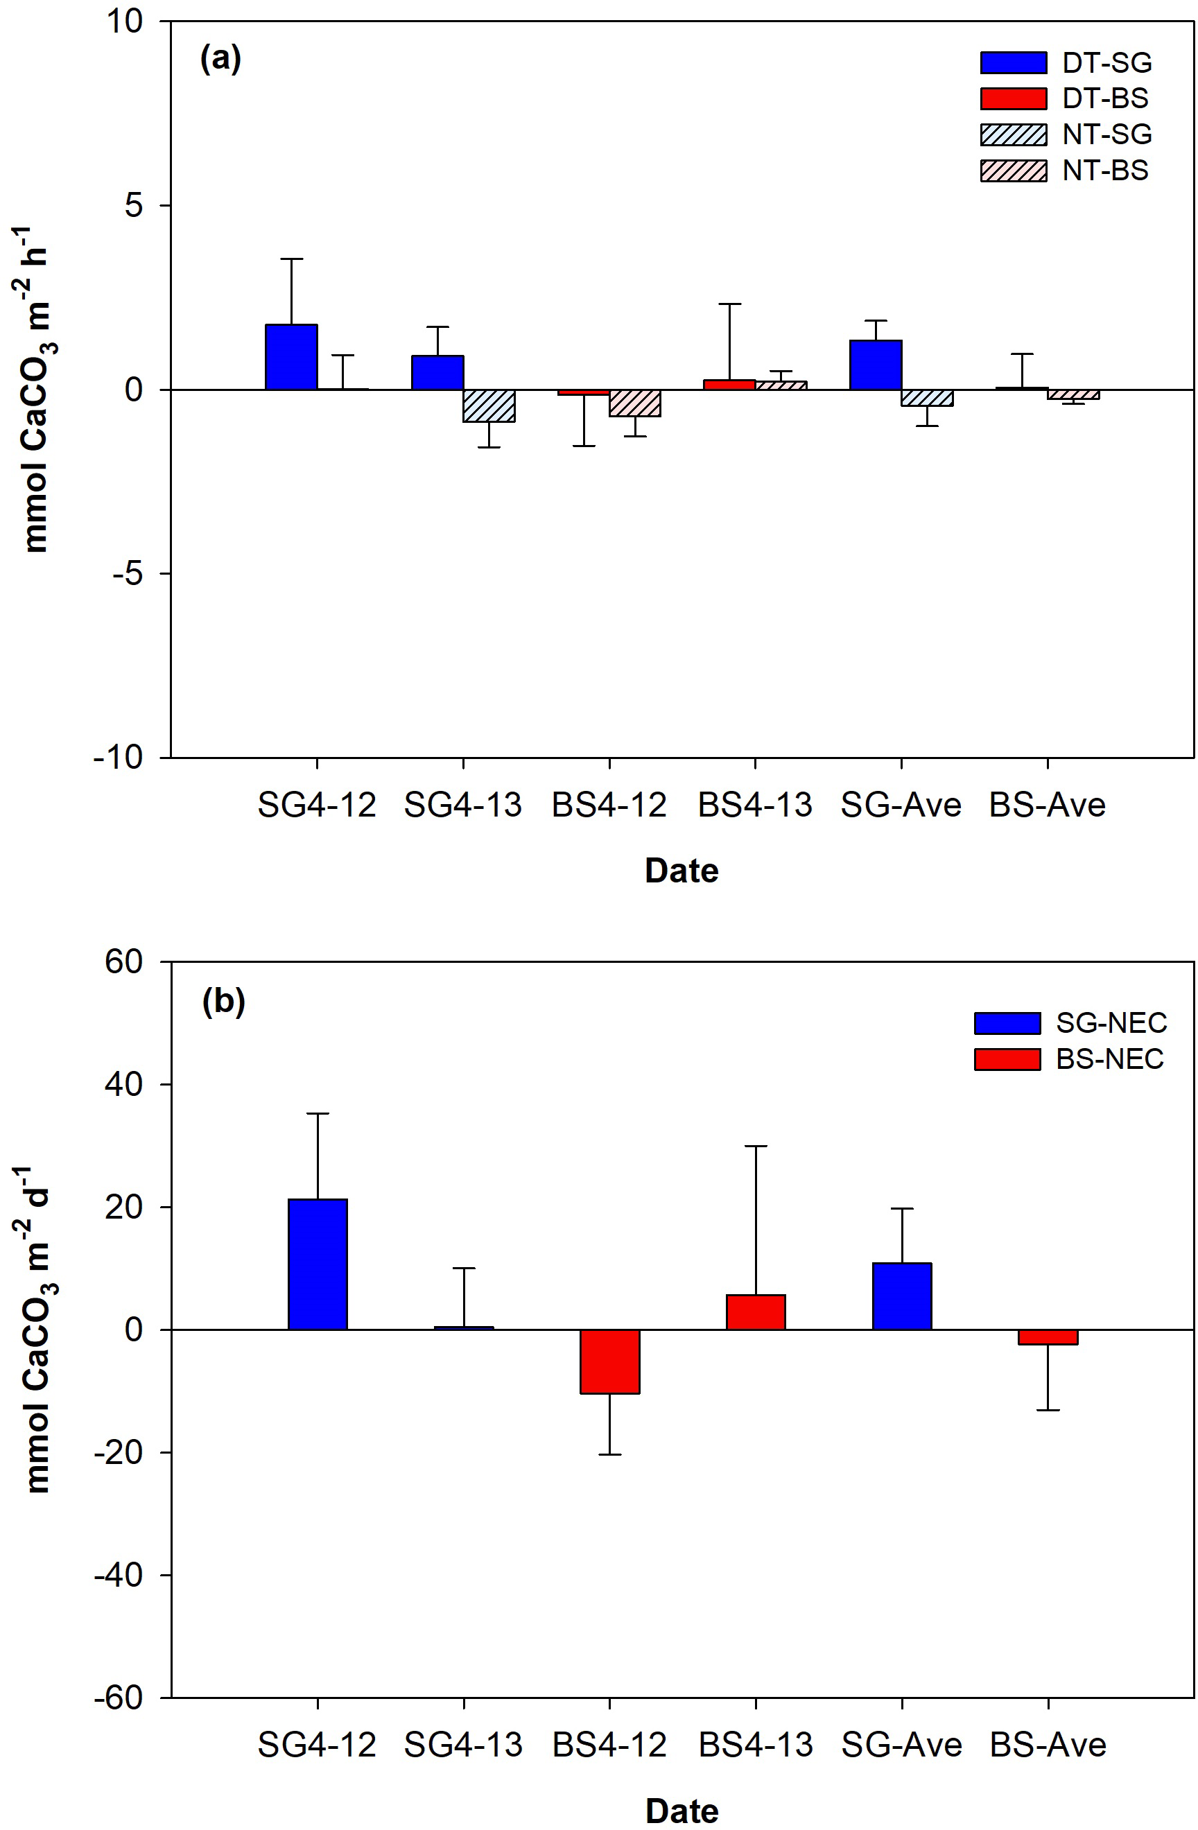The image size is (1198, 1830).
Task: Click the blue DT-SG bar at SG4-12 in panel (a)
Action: click(x=291, y=358)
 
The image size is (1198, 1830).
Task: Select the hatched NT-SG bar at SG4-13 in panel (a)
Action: click(x=489, y=406)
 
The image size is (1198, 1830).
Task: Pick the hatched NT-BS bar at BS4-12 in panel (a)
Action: click(x=635, y=403)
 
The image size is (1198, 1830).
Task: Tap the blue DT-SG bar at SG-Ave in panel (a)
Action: click(x=876, y=365)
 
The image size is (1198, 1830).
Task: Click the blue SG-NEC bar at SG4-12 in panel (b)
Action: click(x=318, y=1265)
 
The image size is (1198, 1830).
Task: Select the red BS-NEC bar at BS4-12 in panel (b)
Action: click(x=610, y=1361)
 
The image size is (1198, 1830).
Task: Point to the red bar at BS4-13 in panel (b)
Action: click(x=756, y=1312)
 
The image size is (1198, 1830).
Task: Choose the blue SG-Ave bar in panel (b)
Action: click(x=902, y=1296)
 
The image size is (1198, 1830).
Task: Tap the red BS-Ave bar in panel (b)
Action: click(x=1048, y=1338)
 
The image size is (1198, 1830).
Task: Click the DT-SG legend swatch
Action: click(x=1014, y=63)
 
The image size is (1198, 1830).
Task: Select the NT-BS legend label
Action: click(x=1106, y=171)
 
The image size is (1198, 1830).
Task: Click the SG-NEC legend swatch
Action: click(x=1007, y=1023)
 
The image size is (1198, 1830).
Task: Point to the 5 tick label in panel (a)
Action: click(x=134, y=206)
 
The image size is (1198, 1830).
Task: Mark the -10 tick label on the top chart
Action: click(x=119, y=758)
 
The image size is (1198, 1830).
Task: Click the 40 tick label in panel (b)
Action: click(x=124, y=1085)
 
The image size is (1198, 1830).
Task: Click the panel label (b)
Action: click(x=223, y=1002)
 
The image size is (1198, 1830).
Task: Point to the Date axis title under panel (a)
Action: click(x=682, y=871)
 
